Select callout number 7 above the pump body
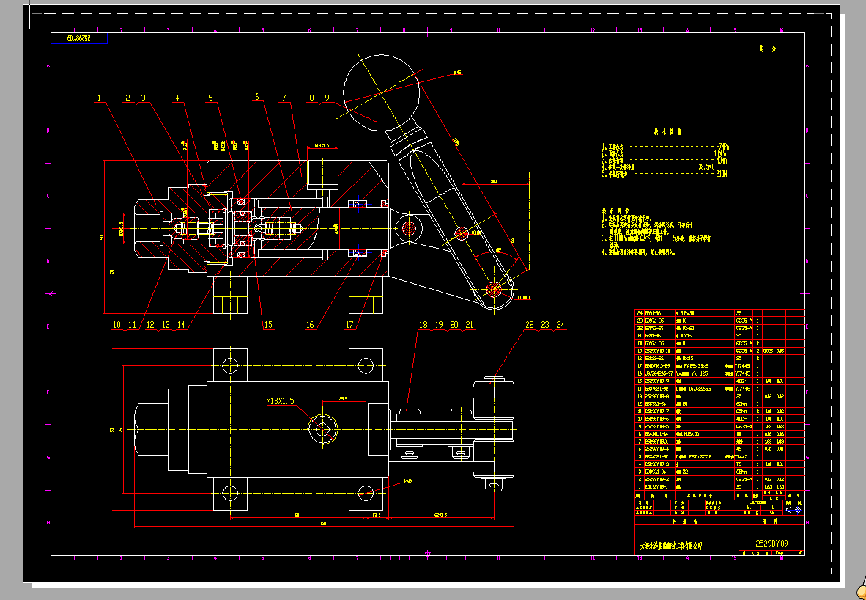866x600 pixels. (283, 98)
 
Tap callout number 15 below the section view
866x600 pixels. (268, 324)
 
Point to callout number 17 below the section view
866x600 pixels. (349, 324)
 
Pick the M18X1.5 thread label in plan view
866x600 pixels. (280, 401)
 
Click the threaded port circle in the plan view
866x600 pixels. (321, 430)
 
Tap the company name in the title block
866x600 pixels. (671, 546)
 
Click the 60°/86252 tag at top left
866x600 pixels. (78, 37)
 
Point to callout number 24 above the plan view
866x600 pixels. (560, 324)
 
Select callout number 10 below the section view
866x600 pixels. (116, 324)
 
